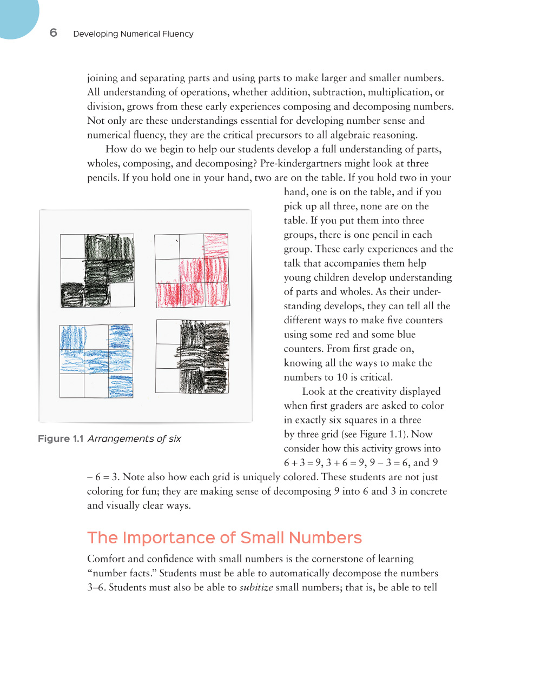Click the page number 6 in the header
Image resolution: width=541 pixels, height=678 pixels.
[53, 32]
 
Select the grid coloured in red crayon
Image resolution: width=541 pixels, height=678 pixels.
[192, 270]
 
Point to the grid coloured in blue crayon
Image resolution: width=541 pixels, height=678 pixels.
[96, 361]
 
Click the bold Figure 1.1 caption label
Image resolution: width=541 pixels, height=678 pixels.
[61, 438]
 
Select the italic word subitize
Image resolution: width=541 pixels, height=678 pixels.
[256, 587]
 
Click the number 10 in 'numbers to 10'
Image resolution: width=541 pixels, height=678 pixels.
[342, 377]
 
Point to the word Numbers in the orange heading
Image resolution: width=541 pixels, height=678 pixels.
[325, 537]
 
